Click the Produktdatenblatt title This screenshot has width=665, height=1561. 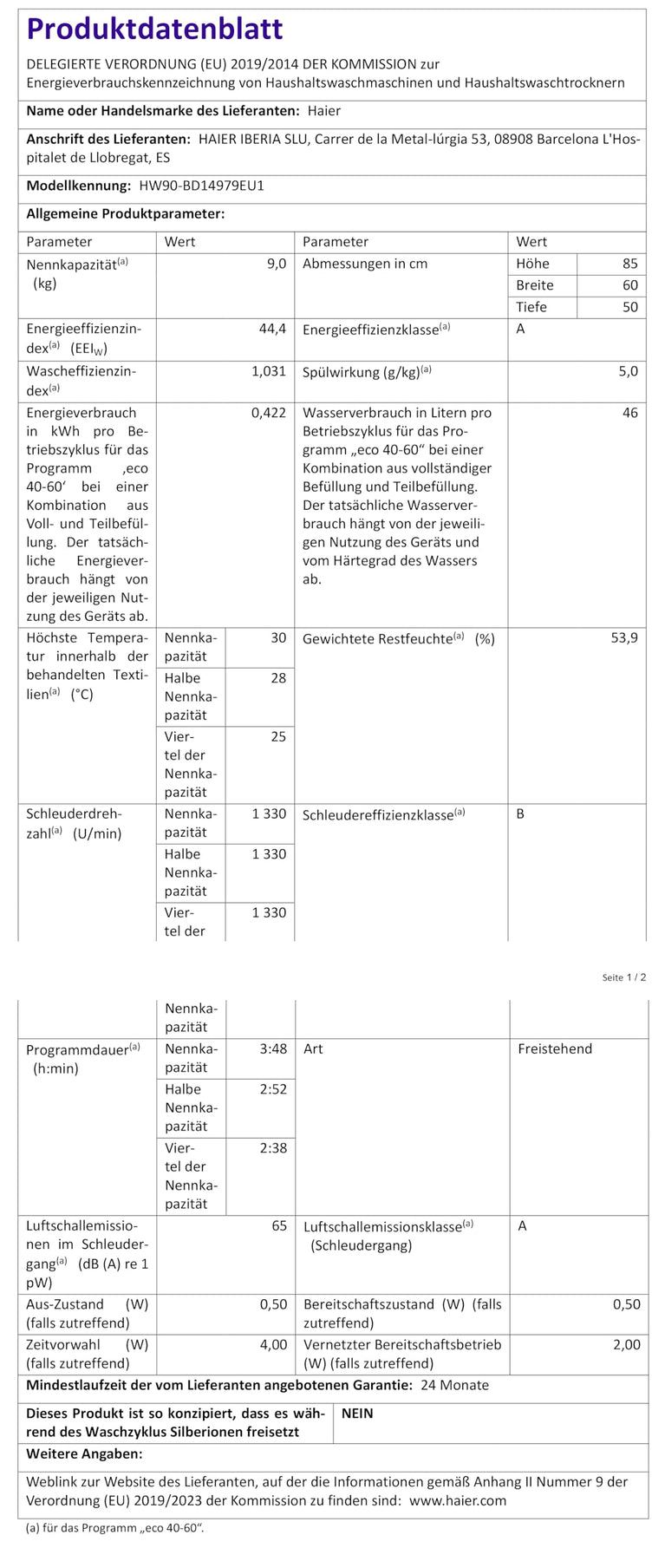tap(154, 29)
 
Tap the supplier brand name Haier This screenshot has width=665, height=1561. tap(324, 111)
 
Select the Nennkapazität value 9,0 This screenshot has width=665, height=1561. tap(277, 264)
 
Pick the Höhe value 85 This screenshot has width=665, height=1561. tap(629, 264)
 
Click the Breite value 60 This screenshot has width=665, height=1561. tap(629, 285)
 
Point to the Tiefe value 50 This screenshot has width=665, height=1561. tap(629, 307)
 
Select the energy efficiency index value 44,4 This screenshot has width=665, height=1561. tap(271, 329)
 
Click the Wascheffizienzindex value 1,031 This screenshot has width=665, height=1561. tap(269, 370)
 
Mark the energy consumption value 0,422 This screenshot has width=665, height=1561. tap(269, 413)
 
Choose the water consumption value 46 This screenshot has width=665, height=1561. tap(629, 413)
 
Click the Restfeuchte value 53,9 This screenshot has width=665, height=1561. tap(624, 638)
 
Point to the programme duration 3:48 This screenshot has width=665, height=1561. tap(273, 1048)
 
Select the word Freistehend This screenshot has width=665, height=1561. tap(555, 1048)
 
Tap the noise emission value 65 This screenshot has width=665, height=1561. tap(279, 1226)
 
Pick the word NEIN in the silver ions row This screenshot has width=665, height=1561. tap(357, 1414)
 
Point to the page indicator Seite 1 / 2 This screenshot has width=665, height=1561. tap(624, 977)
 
